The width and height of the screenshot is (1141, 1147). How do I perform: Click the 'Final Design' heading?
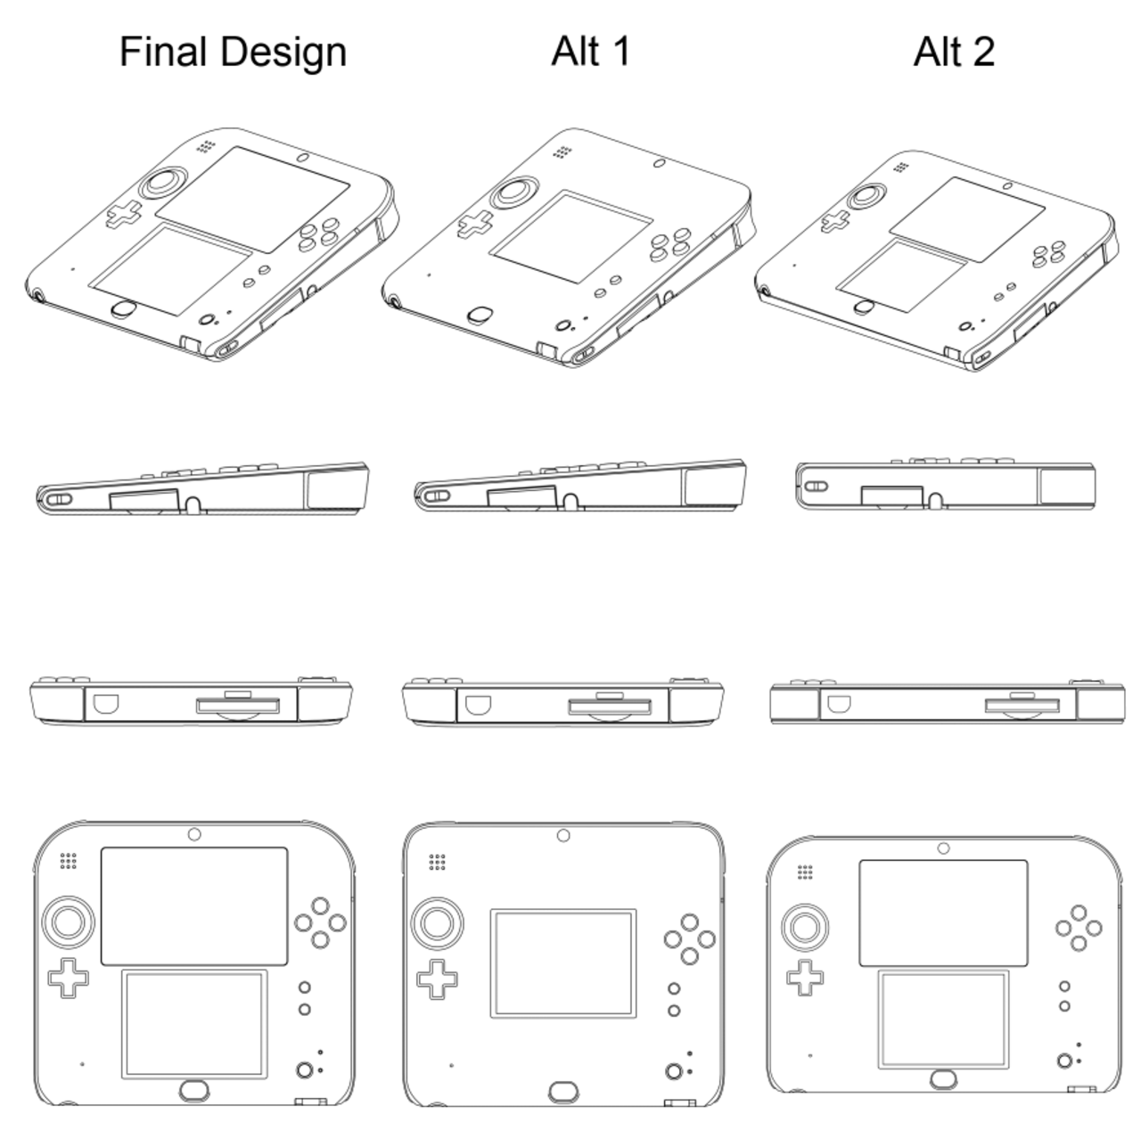click(x=233, y=52)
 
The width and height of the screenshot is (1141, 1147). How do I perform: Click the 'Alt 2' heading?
click(x=953, y=52)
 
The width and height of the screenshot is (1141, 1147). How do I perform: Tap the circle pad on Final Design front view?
click(x=70, y=921)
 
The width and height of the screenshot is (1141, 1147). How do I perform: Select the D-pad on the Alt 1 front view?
click(x=438, y=979)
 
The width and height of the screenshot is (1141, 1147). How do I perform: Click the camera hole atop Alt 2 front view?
click(x=942, y=846)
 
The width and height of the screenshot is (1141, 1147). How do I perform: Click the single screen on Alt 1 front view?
click(x=563, y=963)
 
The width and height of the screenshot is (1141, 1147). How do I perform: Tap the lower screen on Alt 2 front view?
click(x=943, y=1020)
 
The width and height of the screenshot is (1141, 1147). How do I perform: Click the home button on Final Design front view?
click(x=194, y=1089)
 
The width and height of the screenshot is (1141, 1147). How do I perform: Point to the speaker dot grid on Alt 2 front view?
click(x=806, y=872)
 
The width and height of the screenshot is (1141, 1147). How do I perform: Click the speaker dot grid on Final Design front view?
click(x=68, y=861)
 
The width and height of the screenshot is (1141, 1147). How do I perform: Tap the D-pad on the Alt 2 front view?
click(x=806, y=977)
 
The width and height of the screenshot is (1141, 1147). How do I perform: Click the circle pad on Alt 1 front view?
click(x=438, y=922)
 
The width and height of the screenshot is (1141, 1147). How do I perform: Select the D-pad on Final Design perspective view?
click(x=125, y=213)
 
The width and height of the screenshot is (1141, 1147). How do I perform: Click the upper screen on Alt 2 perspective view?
click(x=967, y=218)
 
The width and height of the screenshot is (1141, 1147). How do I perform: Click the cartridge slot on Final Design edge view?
click(x=237, y=707)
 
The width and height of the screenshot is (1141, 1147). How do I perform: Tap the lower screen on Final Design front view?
click(x=194, y=1024)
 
